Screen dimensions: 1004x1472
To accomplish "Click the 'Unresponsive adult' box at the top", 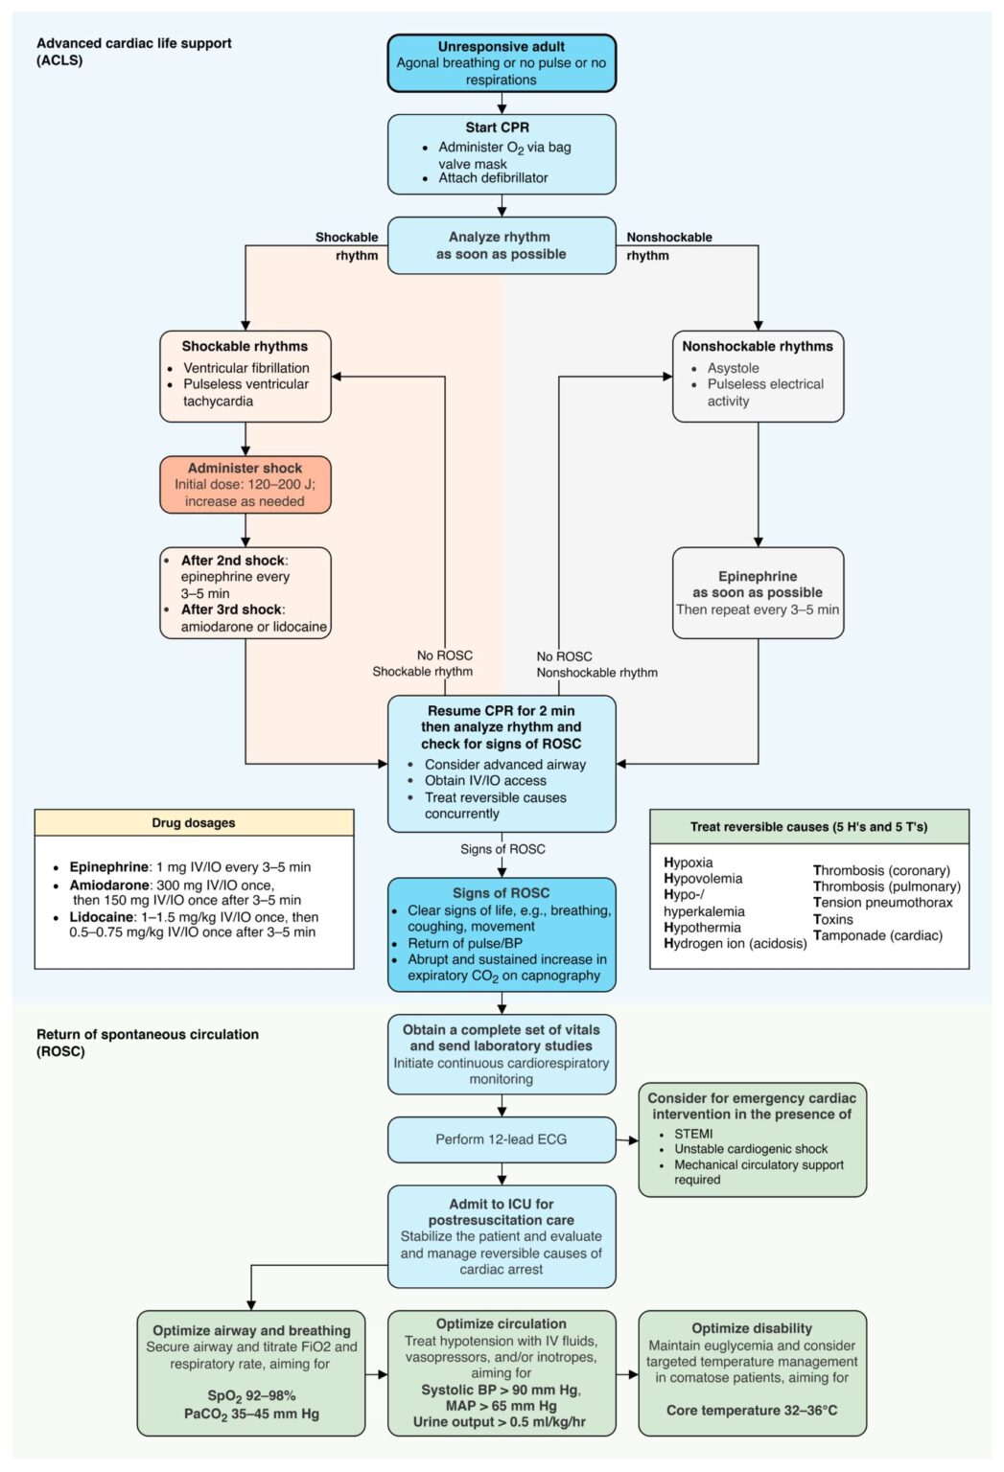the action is click(502, 63).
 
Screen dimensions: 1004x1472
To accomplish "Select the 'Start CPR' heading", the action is click(497, 127).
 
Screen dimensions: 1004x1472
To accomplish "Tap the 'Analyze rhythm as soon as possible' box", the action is click(502, 245).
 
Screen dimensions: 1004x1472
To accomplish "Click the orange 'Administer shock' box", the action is click(245, 484).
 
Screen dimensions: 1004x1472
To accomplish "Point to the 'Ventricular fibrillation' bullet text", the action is click(245, 368).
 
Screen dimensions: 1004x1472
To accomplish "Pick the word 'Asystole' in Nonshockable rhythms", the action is click(734, 368).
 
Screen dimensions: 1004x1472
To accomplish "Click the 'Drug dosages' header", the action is click(194, 823).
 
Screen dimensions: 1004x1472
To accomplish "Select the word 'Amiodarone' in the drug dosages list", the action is click(109, 885).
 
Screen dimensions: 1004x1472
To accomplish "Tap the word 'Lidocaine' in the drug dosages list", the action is click(102, 917).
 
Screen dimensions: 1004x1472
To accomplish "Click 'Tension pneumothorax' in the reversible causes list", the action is click(883, 903).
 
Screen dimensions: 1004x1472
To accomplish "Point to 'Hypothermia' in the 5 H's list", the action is click(702, 928).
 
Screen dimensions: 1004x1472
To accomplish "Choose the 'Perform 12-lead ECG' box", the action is click(502, 1138).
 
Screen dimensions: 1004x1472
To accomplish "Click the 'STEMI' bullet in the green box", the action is click(693, 1134).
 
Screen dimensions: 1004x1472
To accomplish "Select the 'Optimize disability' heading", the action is click(752, 1328).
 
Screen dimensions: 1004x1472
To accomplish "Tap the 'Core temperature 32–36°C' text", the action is click(752, 1411).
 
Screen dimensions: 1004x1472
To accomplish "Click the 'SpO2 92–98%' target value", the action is click(251, 1395).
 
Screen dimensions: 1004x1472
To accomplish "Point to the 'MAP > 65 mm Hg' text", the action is click(501, 1406).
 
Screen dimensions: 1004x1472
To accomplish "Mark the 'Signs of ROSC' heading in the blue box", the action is click(501, 893).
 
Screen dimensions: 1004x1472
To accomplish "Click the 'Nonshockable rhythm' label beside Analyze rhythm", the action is click(669, 245).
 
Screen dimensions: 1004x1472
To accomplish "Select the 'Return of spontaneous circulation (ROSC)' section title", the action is click(148, 1043).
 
